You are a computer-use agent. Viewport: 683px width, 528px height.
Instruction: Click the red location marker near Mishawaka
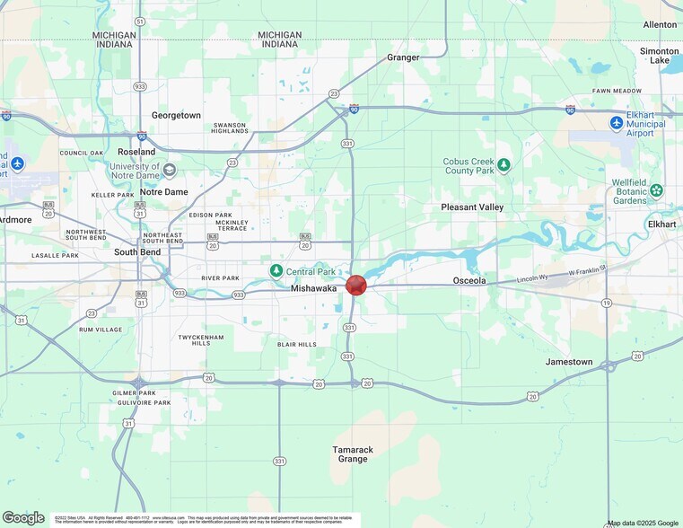click(356, 286)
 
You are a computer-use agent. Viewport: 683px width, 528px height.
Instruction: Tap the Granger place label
click(403, 57)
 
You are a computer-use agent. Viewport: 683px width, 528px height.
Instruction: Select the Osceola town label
click(468, 281)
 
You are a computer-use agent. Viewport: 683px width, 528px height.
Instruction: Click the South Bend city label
click(137, 252)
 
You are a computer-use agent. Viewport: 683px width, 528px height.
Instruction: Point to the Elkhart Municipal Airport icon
click(617, 122)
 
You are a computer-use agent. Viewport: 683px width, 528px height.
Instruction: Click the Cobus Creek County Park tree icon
click(504, 164)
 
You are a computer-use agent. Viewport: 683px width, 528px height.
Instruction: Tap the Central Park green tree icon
click(276, 270)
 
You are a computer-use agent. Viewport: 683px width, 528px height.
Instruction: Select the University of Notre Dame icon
click(170, 170)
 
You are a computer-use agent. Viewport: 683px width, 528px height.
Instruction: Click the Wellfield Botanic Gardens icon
click(657, 189)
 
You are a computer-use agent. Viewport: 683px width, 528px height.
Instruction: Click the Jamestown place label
click(569, 362)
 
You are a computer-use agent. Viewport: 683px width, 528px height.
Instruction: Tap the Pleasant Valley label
click(472, 207)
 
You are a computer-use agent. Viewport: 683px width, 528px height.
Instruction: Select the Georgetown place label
click(176, 116)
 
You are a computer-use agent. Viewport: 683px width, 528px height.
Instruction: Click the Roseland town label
click(136, 153)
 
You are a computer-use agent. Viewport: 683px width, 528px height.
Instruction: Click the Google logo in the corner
click(23, 517)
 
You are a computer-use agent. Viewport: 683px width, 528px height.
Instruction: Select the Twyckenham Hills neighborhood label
click(194, 339)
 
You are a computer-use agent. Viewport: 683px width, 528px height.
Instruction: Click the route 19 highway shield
click(608, 304)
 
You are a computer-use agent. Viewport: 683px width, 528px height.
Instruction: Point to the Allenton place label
click(661, 25)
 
